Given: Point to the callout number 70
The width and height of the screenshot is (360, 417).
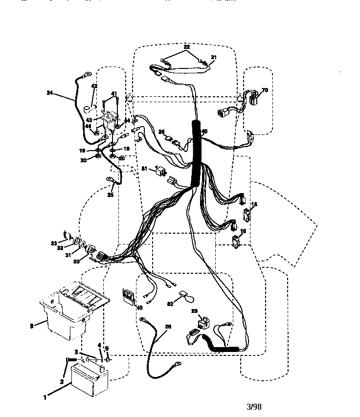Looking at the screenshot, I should coord(265,90).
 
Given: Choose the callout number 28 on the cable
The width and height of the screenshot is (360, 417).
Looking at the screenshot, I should coord(168,327).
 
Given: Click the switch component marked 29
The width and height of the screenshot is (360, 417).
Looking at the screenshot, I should coord(203,322).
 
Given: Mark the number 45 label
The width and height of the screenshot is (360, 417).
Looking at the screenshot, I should coord(139,308).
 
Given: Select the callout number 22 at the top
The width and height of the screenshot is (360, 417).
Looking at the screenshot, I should coord(187,46).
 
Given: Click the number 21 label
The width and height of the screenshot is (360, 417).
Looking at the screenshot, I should coord(213,57).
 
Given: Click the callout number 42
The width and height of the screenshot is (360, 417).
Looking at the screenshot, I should coord(94,87).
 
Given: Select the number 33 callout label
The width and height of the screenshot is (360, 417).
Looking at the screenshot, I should coord(54,243).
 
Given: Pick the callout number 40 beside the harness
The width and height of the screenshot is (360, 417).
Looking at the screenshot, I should coord(204,131).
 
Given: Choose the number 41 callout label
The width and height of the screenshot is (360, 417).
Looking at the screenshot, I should coord(114,93).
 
